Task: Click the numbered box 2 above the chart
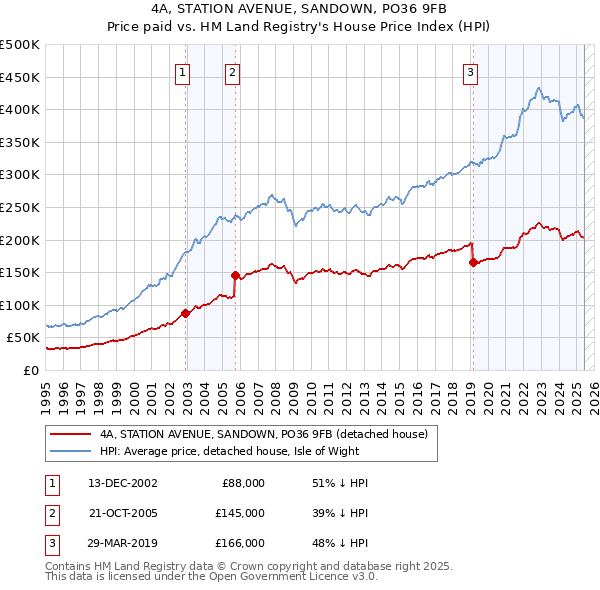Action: coord(232,71)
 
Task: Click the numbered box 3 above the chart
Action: coord(470,71)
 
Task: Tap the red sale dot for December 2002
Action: coord(186,313)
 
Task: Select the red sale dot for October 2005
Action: coord(235,275)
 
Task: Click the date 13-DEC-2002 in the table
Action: coord(123,483)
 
